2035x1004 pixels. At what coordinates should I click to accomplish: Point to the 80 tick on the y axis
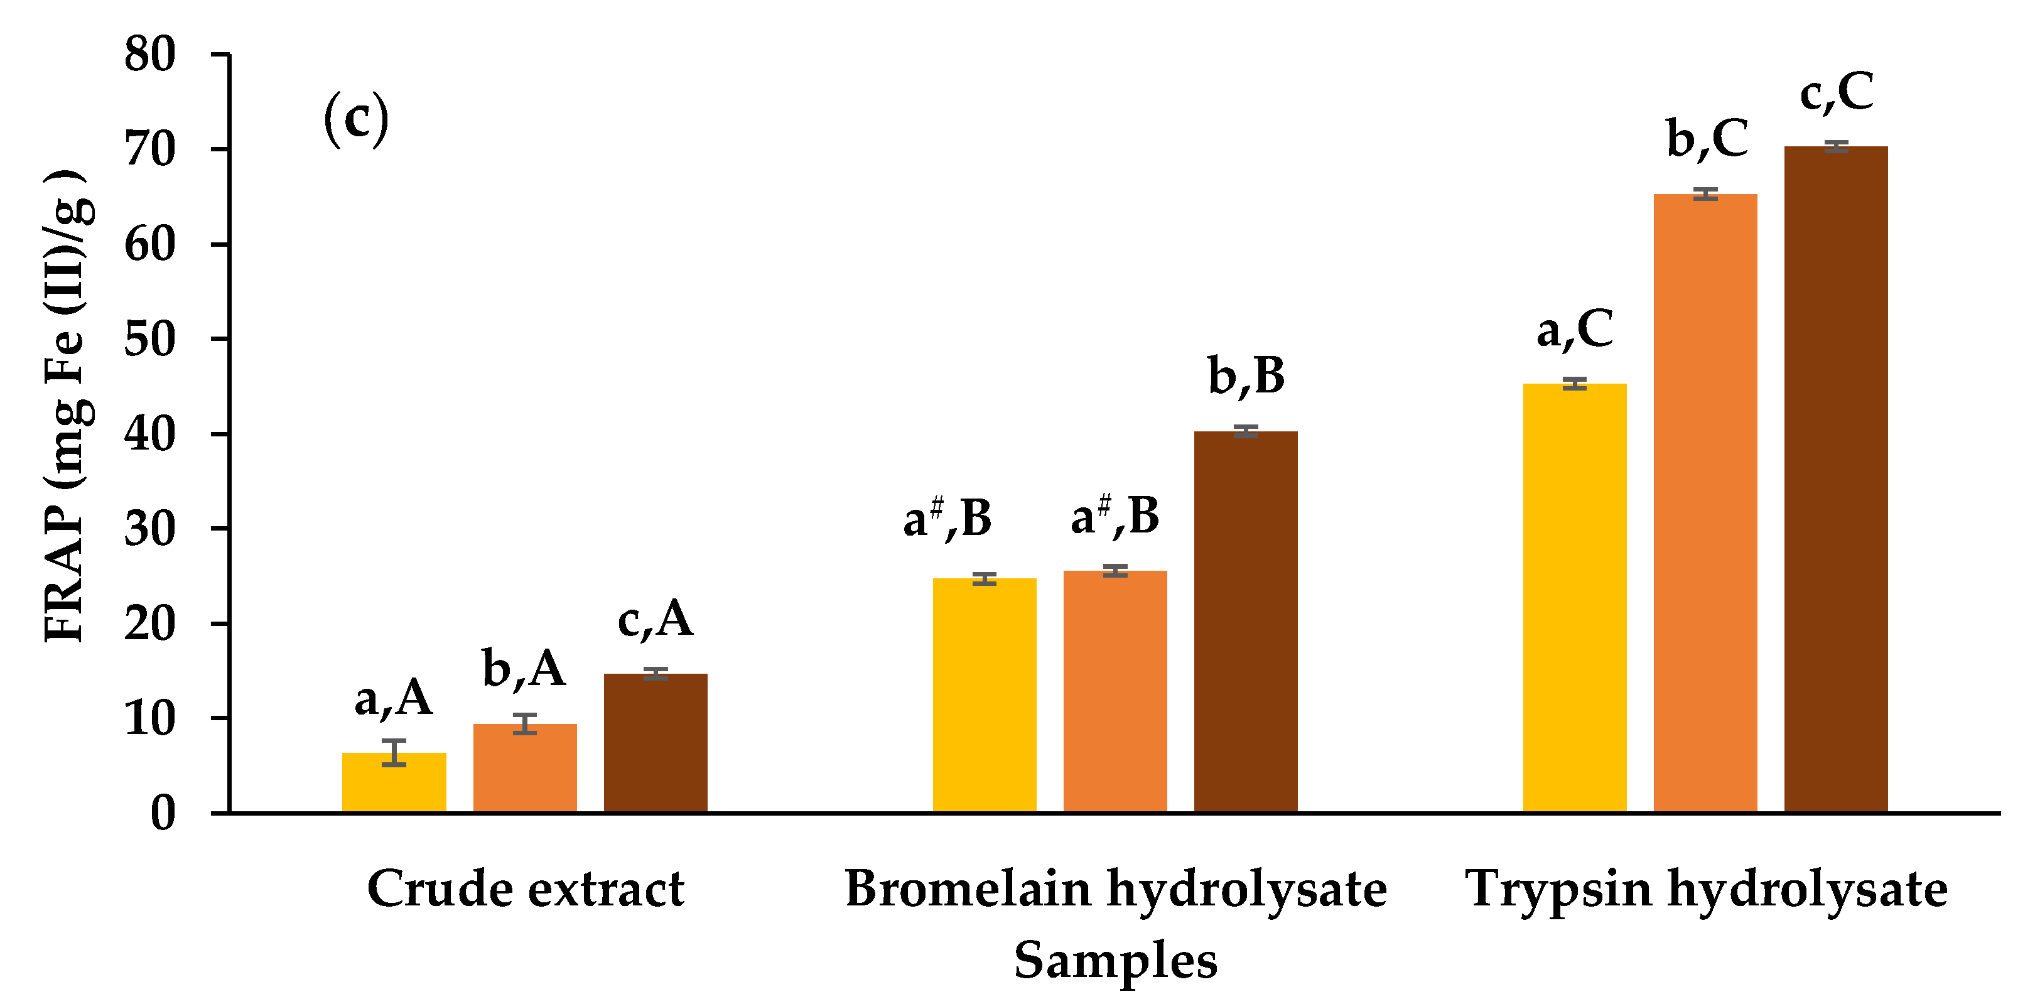[149, 55]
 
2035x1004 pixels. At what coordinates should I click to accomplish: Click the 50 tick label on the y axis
[149, 340]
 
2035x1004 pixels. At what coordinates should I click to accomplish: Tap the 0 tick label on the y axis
[163, 813]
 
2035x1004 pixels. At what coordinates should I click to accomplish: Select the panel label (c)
[356, 119]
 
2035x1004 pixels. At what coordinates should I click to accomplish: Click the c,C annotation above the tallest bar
[1836, 92]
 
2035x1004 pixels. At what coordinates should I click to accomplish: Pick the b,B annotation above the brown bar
[1246, 376]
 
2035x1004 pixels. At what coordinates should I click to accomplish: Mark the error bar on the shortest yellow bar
[394, 752]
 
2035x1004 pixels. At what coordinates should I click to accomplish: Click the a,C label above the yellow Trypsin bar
[1574, 330]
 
